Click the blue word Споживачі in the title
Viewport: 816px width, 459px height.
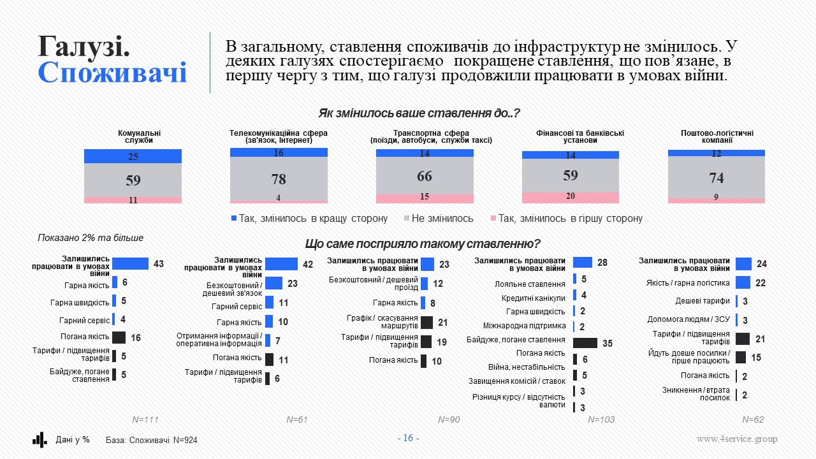click(112, 72)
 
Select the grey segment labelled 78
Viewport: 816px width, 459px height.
click(279, 179)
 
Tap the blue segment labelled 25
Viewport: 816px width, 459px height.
click(133, 156)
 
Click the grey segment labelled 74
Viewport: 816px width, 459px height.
click(716, 177)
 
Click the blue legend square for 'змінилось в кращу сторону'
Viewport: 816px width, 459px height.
click(234, 219)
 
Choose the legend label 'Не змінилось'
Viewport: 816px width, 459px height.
click(442, 219)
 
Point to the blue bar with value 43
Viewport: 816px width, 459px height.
click(131, 264)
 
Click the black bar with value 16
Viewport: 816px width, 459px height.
click(119, 337)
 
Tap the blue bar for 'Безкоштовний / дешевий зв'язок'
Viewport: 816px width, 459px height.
click(273, 283)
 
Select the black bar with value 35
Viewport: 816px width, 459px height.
click(585, 343)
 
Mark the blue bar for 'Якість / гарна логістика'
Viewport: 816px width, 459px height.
click(743, 282)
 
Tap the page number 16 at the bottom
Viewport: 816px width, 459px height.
click(408, 438)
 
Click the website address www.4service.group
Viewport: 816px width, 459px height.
click(736, 439)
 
